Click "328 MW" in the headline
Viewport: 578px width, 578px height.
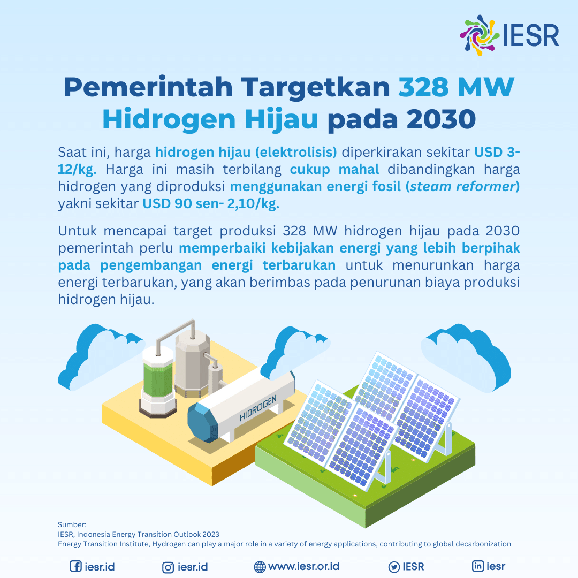pos(455,87)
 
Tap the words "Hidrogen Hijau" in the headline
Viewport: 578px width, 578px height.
pos(210,119)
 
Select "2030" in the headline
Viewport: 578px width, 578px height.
pos(441,119)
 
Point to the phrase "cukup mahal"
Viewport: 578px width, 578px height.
pos(334,170)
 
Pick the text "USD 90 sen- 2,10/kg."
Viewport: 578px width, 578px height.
pos(211,203)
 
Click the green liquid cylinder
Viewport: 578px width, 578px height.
pos(158,379)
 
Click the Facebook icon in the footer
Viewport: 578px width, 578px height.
pos(75,566)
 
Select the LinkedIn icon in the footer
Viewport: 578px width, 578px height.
pos(478,566)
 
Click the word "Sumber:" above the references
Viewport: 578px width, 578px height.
pos(72,524)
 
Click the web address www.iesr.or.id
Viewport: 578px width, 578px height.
pos(303,566)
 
